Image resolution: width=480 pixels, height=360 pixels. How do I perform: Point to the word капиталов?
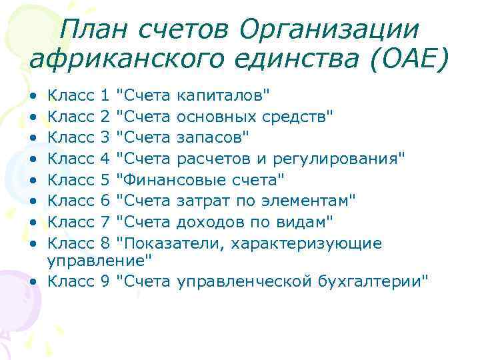[224, 97]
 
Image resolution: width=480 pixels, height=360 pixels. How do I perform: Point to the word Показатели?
[169, 241]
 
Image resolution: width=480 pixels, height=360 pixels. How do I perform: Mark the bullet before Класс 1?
[33, 97]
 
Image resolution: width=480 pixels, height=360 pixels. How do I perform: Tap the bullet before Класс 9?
[33, 281]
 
